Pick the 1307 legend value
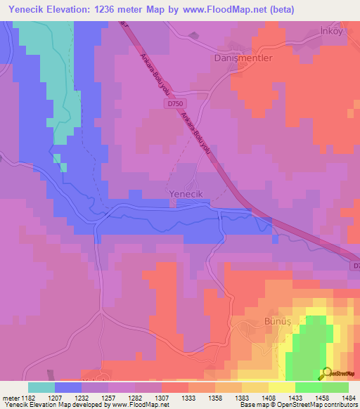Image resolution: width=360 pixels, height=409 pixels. click(162, 398)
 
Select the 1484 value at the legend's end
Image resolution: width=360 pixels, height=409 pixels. click(348, 398)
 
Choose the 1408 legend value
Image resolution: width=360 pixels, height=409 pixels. click(269, 398)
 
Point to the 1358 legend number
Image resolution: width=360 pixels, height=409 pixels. click(215, 398)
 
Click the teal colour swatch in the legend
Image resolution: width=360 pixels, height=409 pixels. click(41, 387)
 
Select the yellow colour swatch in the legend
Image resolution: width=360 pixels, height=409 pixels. click(282, 387)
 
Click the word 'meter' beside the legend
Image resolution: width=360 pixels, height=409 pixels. click(10, 398)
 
